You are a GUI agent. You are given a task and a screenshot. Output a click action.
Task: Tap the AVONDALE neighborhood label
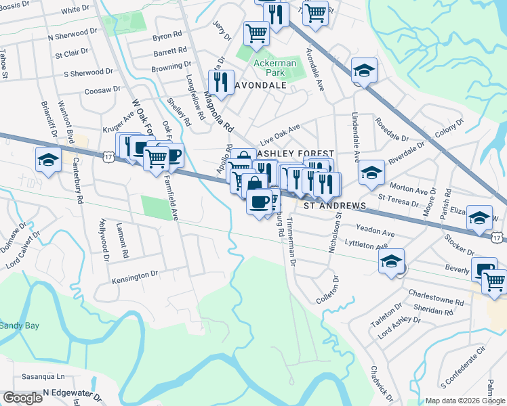260,86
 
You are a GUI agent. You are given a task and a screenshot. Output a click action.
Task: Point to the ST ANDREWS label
334,205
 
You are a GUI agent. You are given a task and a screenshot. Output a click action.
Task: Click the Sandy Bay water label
19,325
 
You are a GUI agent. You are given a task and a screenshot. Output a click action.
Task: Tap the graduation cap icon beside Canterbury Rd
48,160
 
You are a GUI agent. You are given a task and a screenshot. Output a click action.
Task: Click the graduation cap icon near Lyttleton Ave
391,261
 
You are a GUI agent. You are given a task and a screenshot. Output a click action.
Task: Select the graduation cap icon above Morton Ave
371,172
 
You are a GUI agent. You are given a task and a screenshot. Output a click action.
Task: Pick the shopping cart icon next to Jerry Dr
256,32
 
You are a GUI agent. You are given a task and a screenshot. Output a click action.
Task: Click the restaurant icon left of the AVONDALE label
221,83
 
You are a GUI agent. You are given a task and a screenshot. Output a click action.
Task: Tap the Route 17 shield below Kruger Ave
108,156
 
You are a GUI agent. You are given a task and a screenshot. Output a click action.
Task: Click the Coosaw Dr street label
102,89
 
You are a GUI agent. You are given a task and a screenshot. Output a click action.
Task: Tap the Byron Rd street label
168,35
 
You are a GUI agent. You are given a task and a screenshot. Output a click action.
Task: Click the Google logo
22,398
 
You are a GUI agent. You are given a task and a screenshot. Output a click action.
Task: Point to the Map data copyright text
465,401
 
